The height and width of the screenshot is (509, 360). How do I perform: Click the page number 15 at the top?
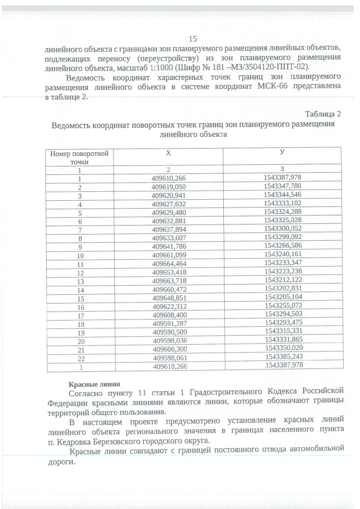pyautogui.click(x=192, y=39)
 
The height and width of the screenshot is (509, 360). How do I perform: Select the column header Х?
pyautogui.click(x=168, y=153)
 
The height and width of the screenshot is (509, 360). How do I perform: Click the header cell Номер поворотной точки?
pyautogui.click(x=79, y=157)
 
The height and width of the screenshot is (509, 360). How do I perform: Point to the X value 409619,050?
pyautogui.click(x=168, y=186)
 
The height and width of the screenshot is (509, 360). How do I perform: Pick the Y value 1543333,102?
pyautogui.click(x=282, y=203)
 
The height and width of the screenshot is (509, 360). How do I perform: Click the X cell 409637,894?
pyautogui.click(x=168, y=229)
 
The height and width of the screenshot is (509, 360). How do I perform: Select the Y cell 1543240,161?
pyautogui.click(x=282, y=255)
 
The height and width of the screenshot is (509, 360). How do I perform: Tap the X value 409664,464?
pyautogui.click(x=168, y=263)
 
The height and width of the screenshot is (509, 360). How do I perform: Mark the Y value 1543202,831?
pyautogui.click(x=282, y=289)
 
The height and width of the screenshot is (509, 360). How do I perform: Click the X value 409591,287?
pyautogui.click(x=168, y=323)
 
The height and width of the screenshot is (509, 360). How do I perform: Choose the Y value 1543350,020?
pyautogui.click(x=282, y=348)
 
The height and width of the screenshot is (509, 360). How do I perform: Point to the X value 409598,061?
pyautogui.click(x=168, y=357)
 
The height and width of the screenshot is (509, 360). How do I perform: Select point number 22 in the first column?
pyautogui.click(x=79, y=357)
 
